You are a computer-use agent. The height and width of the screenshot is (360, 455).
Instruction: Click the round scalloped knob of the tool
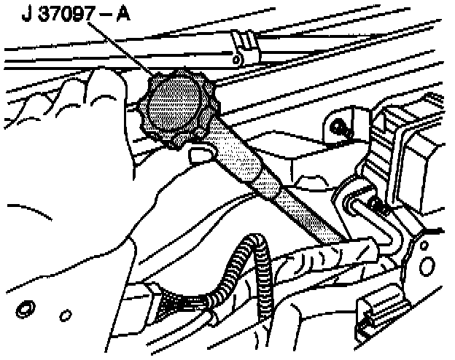[173, 110]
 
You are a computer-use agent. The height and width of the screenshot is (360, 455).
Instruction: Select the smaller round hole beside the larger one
[64, 315]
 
